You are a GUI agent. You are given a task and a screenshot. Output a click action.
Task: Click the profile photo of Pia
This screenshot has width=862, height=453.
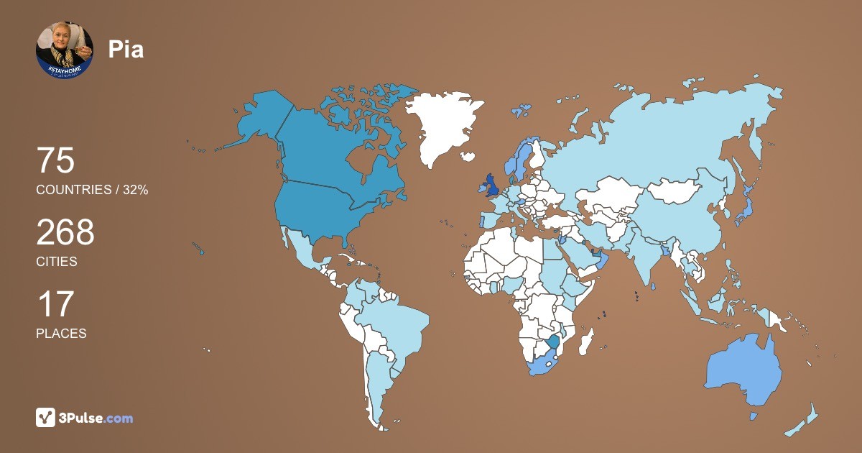pos(65,49)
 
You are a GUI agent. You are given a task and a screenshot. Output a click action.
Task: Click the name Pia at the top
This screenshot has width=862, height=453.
pos(126,49)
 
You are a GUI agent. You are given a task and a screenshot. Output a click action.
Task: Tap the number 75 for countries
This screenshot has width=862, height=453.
pos(55,160)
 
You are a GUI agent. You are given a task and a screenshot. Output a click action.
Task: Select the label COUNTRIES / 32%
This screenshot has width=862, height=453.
pos(92,190)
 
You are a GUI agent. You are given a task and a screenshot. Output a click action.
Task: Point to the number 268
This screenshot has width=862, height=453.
pos(65,232)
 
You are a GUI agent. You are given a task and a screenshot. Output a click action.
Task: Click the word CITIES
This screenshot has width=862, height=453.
pos(57,262)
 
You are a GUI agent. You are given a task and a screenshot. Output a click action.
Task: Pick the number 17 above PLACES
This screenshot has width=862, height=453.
pos(55,304)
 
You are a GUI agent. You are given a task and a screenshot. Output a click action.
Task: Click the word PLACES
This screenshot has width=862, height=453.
pos(61,334)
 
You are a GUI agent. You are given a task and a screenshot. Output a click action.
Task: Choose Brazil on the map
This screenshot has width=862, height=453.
pos(391,324)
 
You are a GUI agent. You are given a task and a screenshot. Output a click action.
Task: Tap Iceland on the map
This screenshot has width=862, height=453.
pos(468,156)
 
